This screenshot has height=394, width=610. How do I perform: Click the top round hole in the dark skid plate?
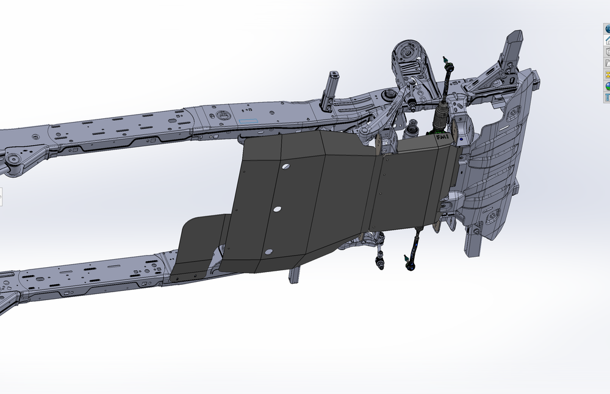[x=285, y=167]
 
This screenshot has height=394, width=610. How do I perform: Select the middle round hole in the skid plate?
[x=277, y=209]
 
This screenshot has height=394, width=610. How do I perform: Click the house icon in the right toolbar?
[x=607, y=40]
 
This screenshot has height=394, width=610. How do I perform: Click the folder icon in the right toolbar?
[x=607, y=63]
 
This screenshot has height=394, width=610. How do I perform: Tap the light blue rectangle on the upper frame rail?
[x=249, y=122]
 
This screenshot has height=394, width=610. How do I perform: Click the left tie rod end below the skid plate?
[x=380, y=263]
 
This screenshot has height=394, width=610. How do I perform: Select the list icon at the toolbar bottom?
[x=607, y=98]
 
